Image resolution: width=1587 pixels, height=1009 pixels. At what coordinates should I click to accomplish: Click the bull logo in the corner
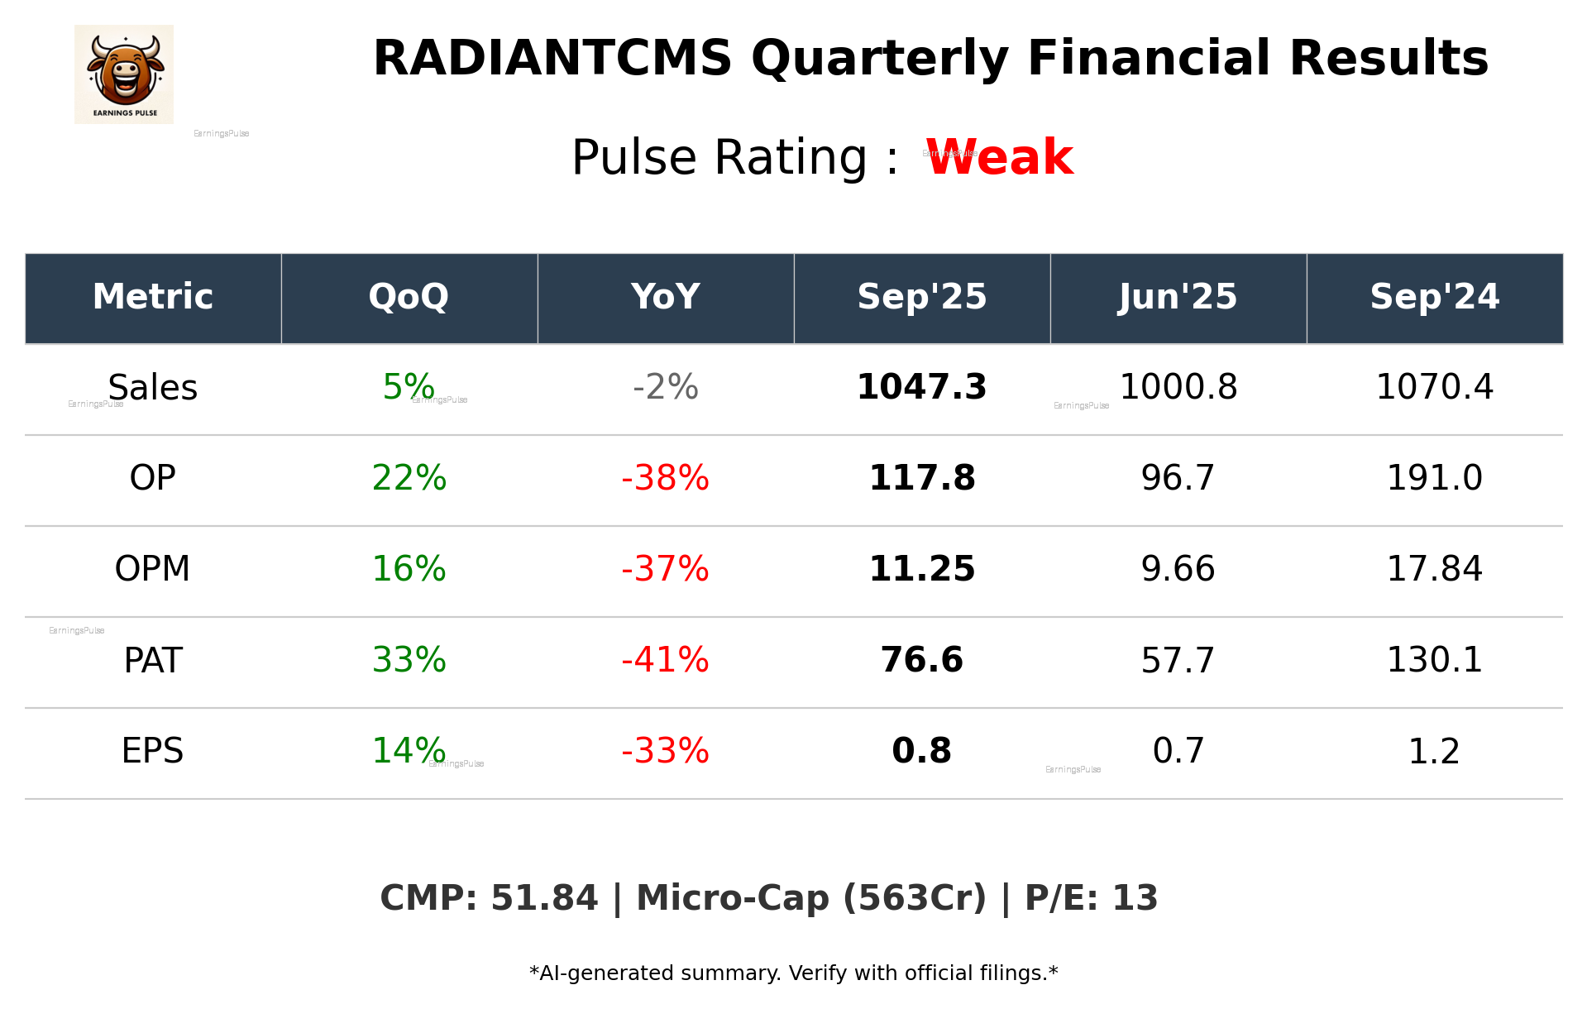(124, 74)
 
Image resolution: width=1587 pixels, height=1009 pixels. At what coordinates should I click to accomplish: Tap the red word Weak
(999, 157)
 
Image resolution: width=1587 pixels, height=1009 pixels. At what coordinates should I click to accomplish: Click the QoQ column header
(409, 297)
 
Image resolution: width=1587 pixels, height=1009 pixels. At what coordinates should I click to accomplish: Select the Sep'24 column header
(1434, 297)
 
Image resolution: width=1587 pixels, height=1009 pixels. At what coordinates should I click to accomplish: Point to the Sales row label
(153, 388)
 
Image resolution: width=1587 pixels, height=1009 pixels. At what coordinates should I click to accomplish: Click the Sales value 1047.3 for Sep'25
(921, 387)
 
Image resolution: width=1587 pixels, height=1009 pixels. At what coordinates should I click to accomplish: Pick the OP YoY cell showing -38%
(665, 478)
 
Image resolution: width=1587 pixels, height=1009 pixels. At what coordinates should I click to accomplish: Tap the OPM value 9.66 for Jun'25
(1178, 569)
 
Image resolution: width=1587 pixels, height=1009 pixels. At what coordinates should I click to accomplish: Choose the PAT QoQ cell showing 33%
(409, 660)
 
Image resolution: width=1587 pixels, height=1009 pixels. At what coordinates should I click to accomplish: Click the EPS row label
(153, 751)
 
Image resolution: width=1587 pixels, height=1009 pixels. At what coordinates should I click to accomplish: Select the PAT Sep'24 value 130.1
(1434, 660)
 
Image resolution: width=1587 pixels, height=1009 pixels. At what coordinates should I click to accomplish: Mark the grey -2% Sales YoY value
(665, 387)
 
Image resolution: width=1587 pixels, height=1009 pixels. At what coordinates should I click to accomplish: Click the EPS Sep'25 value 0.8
(921, 751)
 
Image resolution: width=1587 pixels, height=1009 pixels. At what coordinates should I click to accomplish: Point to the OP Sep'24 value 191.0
(1434, 478)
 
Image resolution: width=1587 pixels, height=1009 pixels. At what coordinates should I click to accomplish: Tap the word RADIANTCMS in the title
(552, 59)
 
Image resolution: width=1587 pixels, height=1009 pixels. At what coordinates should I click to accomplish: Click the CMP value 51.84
(543, 898)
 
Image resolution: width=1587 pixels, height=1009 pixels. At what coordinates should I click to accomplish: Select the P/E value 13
(1135, 898)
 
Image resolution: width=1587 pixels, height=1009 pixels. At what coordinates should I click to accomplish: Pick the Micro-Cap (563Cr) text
(810, 898)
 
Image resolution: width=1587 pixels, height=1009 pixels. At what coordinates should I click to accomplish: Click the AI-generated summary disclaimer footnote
(793, 973)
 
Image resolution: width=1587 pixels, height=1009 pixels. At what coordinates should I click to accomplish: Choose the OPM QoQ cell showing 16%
(409, 569)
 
